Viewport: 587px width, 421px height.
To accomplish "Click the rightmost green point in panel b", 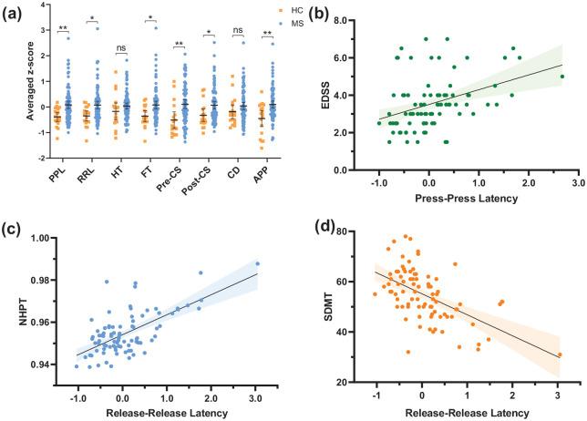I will [x=562, y=77].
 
